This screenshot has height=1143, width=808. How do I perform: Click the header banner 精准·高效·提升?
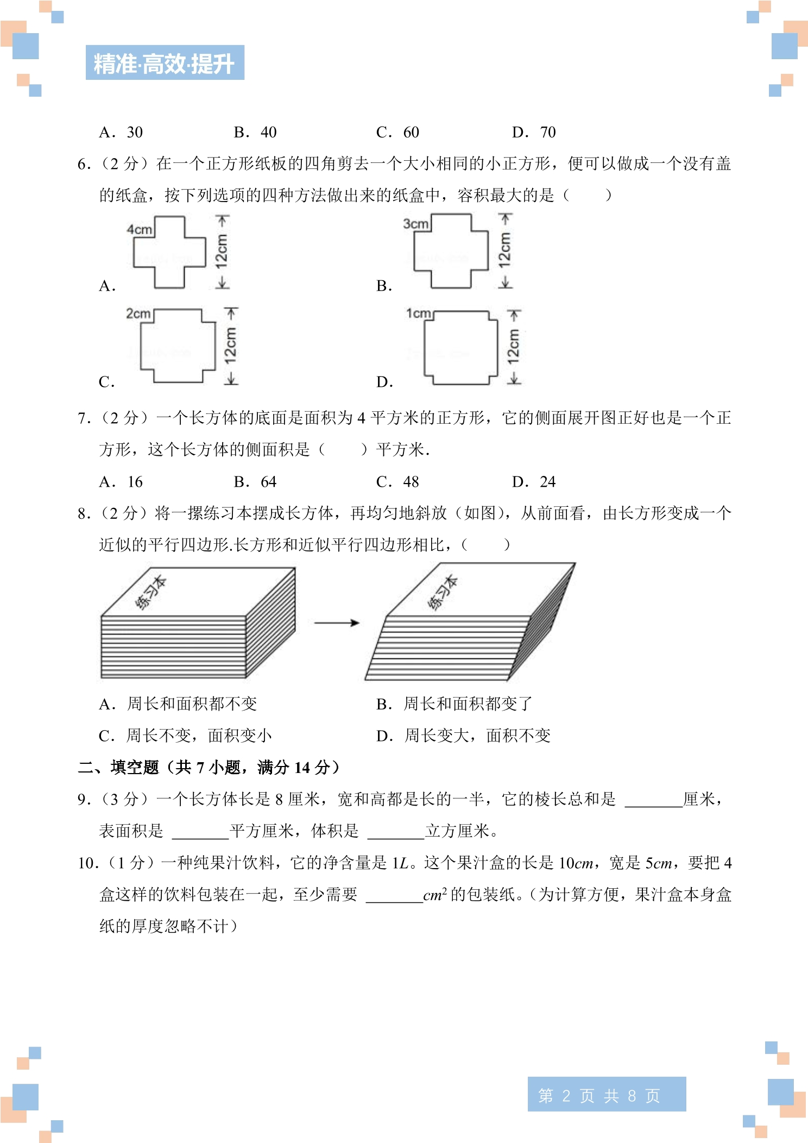[165, 62]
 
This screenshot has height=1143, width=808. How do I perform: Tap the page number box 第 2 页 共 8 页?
[607, 1096]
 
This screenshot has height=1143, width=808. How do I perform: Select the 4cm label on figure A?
[140, 229]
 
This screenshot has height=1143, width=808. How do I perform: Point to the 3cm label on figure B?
[416, 224]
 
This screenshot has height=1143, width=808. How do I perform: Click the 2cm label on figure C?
[138, 313]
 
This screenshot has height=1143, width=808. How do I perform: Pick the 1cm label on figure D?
[419, 313]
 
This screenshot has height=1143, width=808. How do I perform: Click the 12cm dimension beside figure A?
[222, 252]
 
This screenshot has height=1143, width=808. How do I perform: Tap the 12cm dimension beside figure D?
[514, 347]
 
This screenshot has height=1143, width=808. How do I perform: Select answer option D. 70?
[534, 132]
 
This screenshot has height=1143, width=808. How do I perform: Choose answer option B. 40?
[255, 132]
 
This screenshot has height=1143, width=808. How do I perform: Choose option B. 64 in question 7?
[255, 482]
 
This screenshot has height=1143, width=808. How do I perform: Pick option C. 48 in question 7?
[397, 482]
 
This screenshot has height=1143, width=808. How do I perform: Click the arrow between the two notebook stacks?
[337, 623]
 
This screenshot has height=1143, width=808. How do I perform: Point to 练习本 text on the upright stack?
[150, 593]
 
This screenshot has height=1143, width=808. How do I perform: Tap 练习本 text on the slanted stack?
[443, 593]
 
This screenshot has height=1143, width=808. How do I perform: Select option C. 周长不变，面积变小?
[185, 736]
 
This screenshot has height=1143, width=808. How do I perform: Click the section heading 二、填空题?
[118, 767]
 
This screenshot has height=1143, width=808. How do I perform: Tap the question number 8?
[84, 513]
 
